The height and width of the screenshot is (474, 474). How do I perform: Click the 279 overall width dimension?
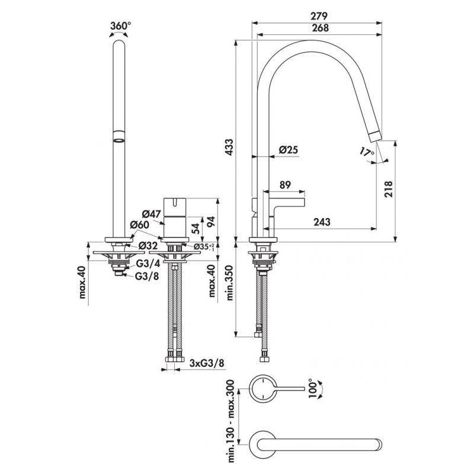318,15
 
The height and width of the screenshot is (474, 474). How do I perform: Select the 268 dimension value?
318,27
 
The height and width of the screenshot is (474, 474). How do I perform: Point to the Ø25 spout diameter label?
289,151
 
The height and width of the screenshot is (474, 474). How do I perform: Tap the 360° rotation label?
120,25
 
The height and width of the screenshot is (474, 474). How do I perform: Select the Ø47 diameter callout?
153,214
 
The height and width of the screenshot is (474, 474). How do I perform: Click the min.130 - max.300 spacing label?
230,422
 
